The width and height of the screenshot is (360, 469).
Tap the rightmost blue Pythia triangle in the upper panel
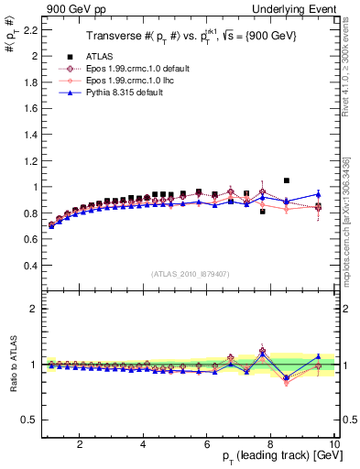318,194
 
